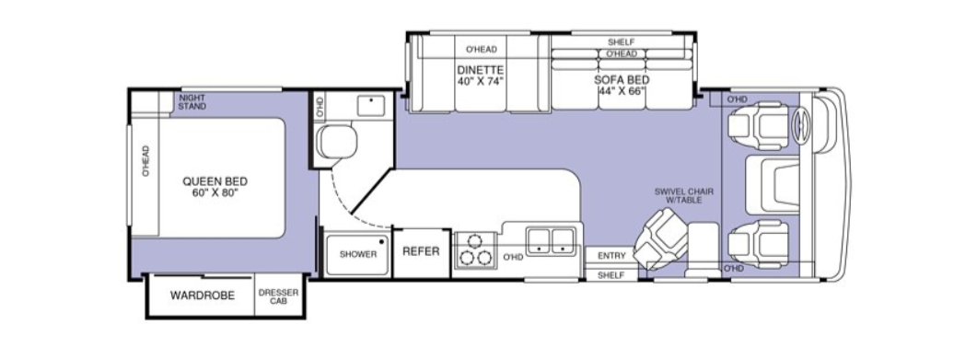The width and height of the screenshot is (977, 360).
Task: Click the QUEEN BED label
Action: (215, 181)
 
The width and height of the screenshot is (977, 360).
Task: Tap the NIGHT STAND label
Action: (192, 102)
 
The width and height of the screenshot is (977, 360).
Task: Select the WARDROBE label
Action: (203, 296)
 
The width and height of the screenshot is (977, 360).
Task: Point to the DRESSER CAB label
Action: (278, 296)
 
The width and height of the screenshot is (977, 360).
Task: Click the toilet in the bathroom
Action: (336, 142)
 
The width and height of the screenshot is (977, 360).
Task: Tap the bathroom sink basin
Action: (371, 106)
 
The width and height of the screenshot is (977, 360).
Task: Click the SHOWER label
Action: (358, 254)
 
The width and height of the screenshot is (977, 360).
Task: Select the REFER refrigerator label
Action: (421, 251)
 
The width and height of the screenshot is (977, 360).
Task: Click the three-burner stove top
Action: (475, 250)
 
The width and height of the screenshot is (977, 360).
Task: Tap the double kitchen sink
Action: (550, 241)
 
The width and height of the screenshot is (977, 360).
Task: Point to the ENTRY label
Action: (611, 256)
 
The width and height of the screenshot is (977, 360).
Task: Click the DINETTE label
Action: (481, 70)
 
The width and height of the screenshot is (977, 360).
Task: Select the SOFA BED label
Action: (622, 80)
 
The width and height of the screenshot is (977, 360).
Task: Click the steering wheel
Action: (800, 125)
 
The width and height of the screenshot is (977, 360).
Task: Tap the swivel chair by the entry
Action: (660, 239)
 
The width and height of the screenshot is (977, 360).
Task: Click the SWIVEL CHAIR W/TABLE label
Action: (684, 195)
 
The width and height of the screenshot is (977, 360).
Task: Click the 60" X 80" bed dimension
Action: (215, 192)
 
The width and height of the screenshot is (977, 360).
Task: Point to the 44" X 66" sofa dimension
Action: (622, 91)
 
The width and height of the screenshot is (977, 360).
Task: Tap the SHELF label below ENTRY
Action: (611, 274)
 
